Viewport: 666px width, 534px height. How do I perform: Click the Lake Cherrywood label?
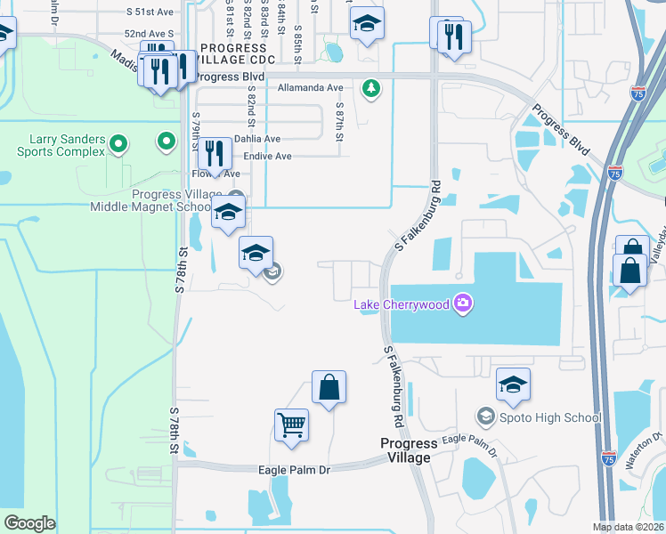[x=402, y=305]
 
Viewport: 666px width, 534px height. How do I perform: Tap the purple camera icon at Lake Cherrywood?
[x=462, y=304]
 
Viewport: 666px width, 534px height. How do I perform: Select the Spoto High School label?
[x=540, y=417]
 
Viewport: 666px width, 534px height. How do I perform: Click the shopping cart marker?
[x=292, y=426]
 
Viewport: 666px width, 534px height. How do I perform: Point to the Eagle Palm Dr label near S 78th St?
[x=294, y=470]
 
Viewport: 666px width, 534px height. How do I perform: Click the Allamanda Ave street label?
[x=310, y=88]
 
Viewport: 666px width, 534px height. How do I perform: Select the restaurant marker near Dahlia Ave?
[x=213, y=153]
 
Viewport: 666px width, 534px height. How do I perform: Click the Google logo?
[x=29, y=523]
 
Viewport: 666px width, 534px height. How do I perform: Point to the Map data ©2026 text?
[x=629, y=527]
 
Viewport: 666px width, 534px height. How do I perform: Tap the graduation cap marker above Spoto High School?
[x=513, y=384]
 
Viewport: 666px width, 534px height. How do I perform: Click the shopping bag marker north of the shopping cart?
[x=329, y=387]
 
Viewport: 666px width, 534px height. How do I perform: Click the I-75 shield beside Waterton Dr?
[x=608, y=458]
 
